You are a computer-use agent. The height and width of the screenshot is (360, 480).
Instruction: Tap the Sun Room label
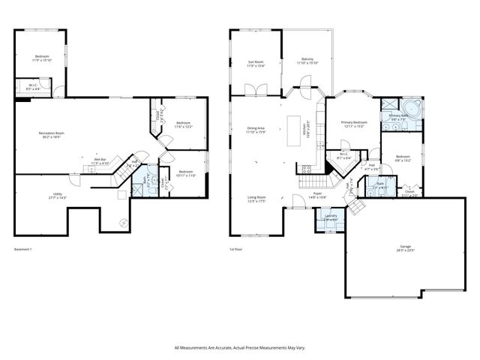tap(256, 64)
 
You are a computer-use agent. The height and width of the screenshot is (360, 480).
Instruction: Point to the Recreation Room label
tap(52, 135)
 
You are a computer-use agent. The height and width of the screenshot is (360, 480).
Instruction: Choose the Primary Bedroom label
tap(354, 124)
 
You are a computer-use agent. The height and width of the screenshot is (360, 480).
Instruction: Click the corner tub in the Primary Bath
tap(413, 108)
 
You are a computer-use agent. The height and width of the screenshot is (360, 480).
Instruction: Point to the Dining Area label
tap(256, 130)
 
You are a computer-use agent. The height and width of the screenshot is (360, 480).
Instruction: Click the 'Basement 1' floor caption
tap(25, 249)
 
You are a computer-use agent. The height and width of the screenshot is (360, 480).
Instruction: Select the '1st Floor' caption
tap(238, 249)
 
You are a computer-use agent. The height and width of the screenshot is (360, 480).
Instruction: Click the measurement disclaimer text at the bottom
tap(239, 347)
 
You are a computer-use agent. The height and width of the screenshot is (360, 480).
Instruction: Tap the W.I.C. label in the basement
tap(34, 87)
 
